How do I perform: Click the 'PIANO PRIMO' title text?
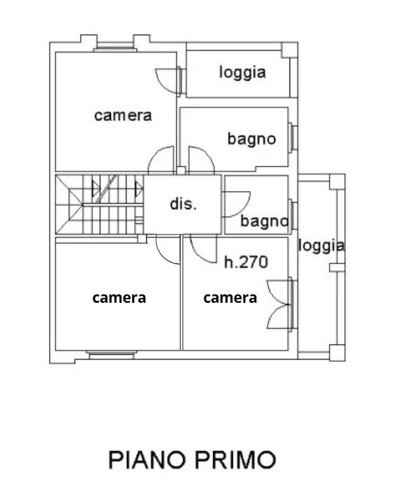[x=192, y=459]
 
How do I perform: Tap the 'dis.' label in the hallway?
[x=183, y=204]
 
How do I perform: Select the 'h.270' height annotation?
[x=246, y=262]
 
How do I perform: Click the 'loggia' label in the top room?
[x=242, y=73]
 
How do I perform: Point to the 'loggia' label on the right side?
[x=321, y=246]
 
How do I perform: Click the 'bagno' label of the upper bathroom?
[x=252, y=139]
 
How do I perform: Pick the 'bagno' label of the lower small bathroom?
[x=264, y=221]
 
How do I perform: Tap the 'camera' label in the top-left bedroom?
[x=123, y=115]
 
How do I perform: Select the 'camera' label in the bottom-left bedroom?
[x=119, y=298]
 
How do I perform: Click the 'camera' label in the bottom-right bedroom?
[x=230, y=298]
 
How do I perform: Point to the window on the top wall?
[x=115, y=48]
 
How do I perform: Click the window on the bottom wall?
[x=111, y=355]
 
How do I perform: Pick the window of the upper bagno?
[x=292, y=138]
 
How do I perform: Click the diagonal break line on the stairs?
[x=106, y=189]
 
